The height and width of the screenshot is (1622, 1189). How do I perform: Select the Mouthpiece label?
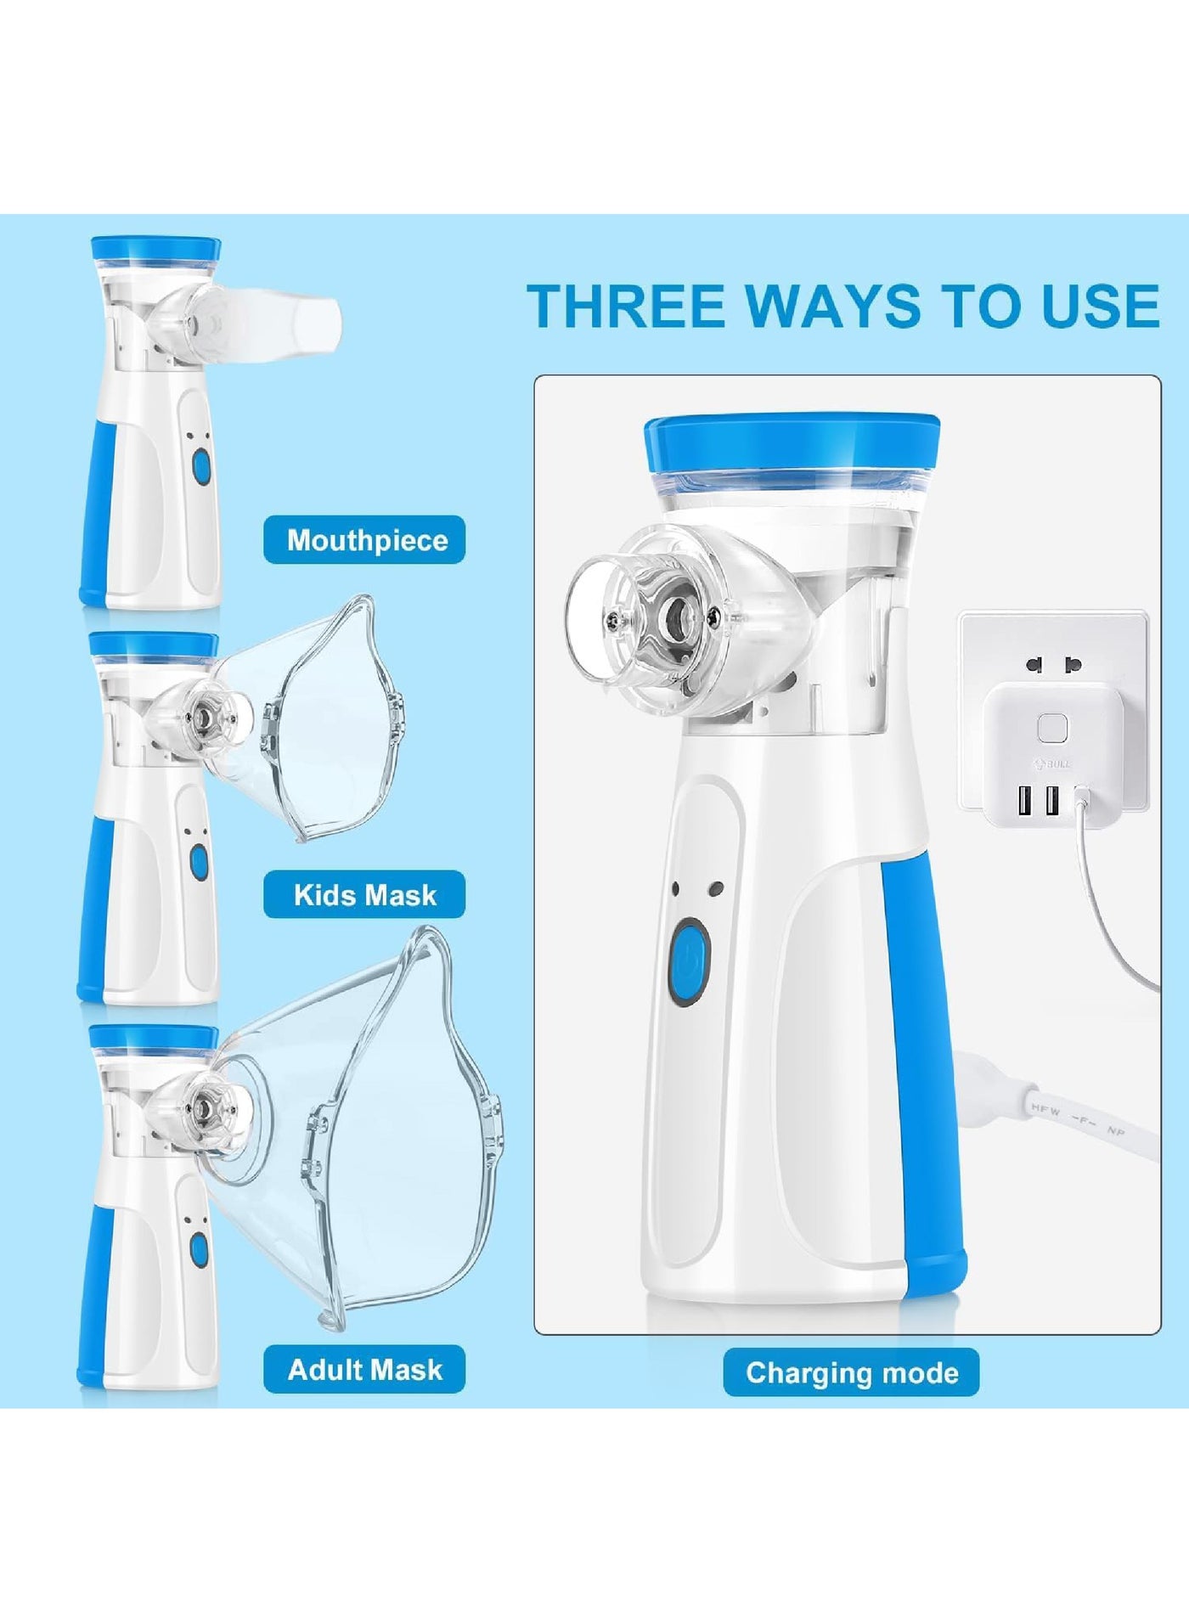pos(364,539)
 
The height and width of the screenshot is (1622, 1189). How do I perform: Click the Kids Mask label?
pos(364,894)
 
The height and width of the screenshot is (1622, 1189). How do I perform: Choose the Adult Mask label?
pos(364,1370)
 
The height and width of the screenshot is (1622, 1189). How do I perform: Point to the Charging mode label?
pos(851,1373)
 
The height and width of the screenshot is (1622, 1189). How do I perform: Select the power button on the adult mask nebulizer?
pos(200,1248)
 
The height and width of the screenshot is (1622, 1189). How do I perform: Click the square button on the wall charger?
pos(1052,729)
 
